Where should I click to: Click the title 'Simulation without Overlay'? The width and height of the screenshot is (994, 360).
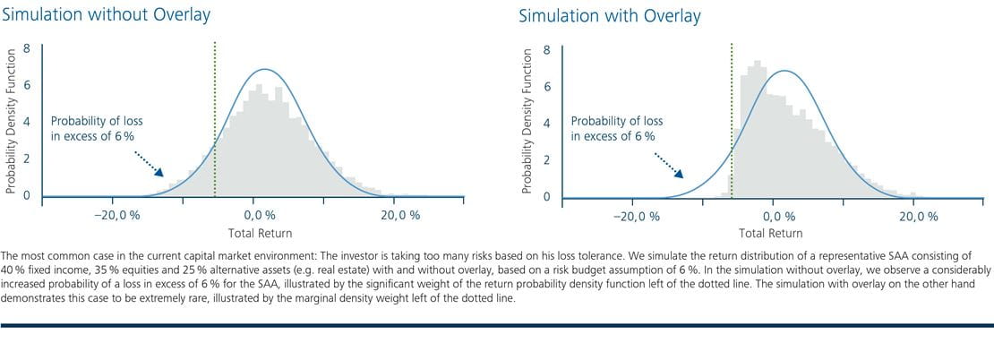tap(106, 15)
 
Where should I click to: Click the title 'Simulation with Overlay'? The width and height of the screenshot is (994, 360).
tap(610, 16)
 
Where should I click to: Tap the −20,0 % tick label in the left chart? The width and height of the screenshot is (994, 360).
tap(117, 216)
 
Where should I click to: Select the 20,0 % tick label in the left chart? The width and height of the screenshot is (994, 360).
tap(400, 216)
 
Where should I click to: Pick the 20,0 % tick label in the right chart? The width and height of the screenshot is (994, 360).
tap(918, 217)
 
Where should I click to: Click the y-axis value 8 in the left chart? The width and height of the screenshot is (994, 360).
tap(27, 48)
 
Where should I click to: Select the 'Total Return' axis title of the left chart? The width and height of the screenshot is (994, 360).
tap(261, 233)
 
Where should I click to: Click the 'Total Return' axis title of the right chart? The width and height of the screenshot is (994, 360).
tap(771, 233)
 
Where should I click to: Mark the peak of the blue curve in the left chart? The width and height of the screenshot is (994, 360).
tap(264, 69)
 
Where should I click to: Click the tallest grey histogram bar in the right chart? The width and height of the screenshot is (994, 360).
tap(757, 129)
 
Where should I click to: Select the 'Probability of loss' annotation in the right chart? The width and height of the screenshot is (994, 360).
tap(617, 121)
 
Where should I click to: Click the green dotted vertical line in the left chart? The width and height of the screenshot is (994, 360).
tap(215, 119)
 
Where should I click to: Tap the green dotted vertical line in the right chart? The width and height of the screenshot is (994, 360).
tap(732, 120)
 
